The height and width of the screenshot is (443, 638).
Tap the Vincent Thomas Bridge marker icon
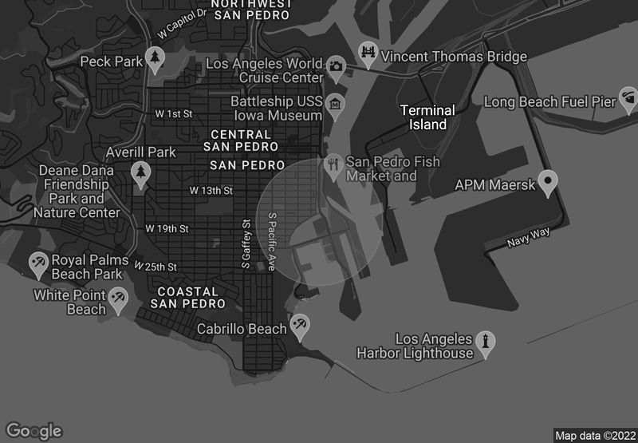(x=368, y=53)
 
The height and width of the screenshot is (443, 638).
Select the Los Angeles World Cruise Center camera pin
(x=336, y=66)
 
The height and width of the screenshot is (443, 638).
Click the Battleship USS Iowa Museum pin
(x=335, y=105)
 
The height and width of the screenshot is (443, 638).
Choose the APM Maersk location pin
(x=547, y=182)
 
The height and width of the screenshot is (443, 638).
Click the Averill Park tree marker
(x=141, y=173)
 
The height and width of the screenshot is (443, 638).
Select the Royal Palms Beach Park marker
(x=38, y=263)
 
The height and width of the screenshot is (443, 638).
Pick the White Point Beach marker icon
(x=118, y=299)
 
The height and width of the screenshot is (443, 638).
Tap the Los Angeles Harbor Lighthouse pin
(x=485, y=342)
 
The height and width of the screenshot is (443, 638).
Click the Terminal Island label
(x=427, y=117)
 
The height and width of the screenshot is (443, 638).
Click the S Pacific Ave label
(x=271, y=241)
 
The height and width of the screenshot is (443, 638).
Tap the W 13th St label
(x=211, y=191)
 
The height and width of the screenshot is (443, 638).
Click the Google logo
(x=34, y=430)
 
